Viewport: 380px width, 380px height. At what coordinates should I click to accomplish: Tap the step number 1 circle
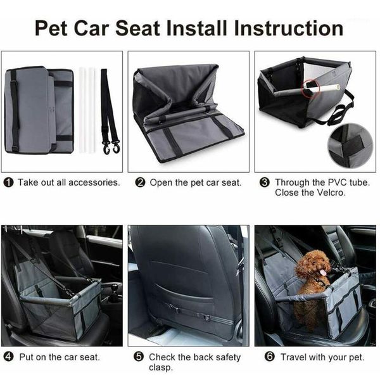click(9, 182)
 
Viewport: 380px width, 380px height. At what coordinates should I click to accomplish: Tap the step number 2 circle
click(141, 182)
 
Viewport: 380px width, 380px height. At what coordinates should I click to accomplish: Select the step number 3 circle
click(265, 182)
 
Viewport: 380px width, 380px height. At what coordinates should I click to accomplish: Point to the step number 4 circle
click(9, 357)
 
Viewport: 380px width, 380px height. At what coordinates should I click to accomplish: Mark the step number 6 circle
click(270, 357)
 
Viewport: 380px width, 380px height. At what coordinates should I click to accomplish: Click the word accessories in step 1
click(92, 182)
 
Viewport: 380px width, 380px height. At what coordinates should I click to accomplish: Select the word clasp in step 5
click(161, 368)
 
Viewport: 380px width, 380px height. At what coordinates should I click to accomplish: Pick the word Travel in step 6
click(294, 357)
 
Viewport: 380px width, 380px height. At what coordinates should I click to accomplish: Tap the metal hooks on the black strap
click(113, 149)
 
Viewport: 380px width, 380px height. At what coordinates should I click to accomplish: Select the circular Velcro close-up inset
click(350, 145)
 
